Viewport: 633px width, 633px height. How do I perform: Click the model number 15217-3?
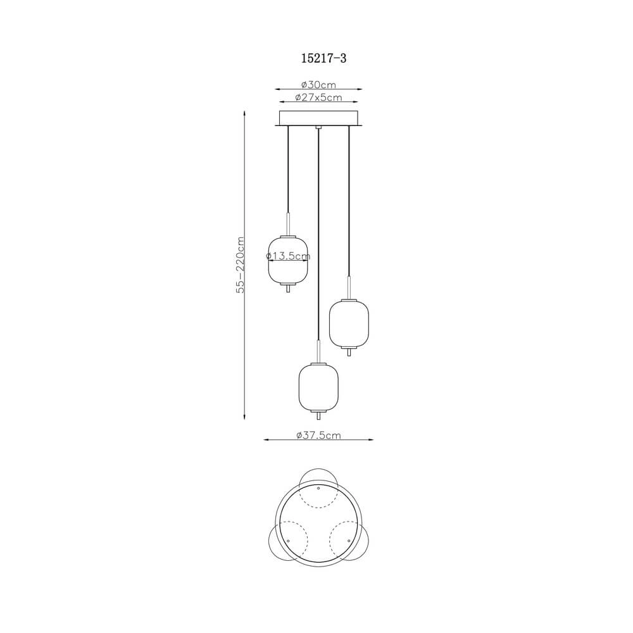point(323,58)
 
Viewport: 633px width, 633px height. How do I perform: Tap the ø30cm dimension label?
point(318,84)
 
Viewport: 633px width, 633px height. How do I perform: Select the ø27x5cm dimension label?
point(319,97)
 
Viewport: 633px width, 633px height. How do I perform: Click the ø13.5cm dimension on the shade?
point(288,256)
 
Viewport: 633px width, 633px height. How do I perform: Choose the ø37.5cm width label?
point(318,435)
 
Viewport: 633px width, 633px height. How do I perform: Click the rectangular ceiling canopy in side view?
point(319,118)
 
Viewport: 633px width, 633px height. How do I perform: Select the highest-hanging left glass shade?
point(288,260)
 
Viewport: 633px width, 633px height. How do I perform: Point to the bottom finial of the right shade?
point(349,351)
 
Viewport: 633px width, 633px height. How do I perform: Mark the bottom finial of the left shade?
point(288,288)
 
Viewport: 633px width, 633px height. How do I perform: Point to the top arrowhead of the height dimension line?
point(245,113)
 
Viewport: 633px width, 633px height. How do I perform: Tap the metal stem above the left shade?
point(288,223)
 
